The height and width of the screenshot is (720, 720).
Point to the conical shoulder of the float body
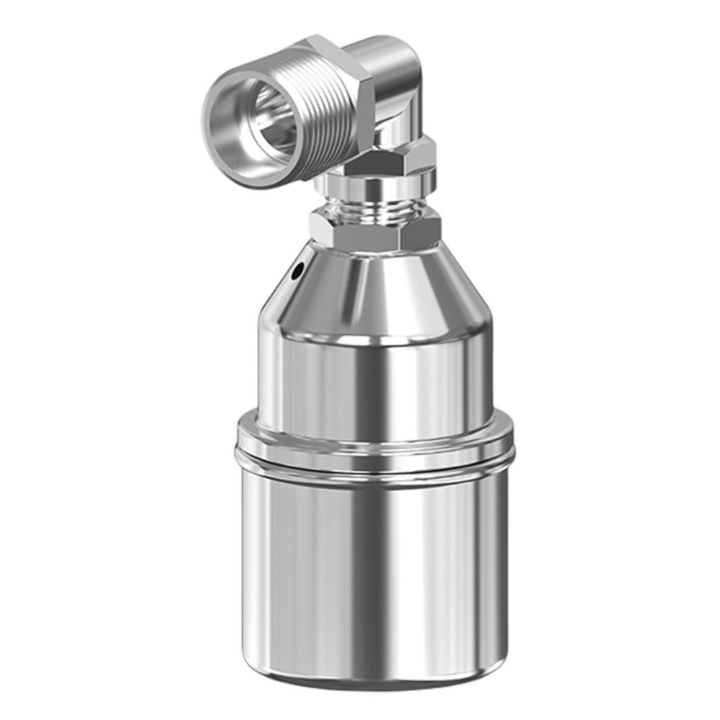(x=374, y=288)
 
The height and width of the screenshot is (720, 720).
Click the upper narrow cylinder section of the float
(x=374, y=382)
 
